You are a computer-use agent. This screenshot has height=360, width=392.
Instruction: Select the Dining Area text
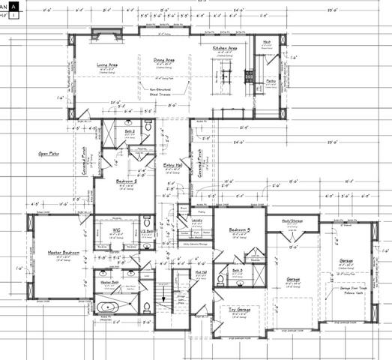pos(164,59)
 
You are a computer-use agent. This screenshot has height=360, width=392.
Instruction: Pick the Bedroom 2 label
pos(127,181)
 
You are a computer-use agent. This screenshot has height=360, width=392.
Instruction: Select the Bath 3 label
pos(237,270)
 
